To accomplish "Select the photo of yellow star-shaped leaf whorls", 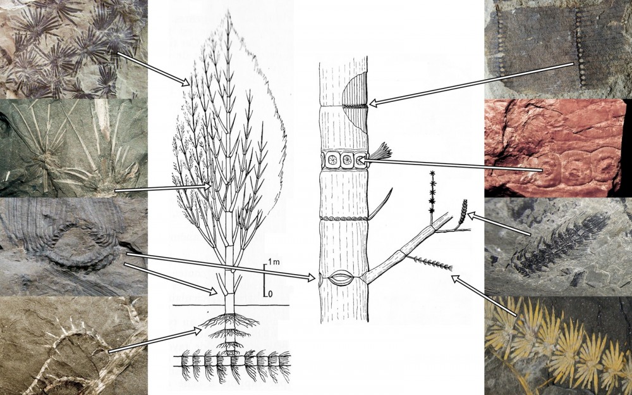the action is click(x=558, y=346).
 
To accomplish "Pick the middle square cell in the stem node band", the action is click(x=346, y=160).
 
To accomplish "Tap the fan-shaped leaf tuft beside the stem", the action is click(x=380, y=151).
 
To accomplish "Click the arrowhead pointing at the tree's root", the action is click(x=197, y=331).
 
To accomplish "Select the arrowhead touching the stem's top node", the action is click(x=374, y=103).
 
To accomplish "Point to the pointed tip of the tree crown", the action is click(x=229, y=11).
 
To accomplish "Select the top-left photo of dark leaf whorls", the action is click(x=74, y=49).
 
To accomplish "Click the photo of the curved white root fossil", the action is click(x=74, y=346).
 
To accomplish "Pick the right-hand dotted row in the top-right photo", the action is click(x=580, y=49).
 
